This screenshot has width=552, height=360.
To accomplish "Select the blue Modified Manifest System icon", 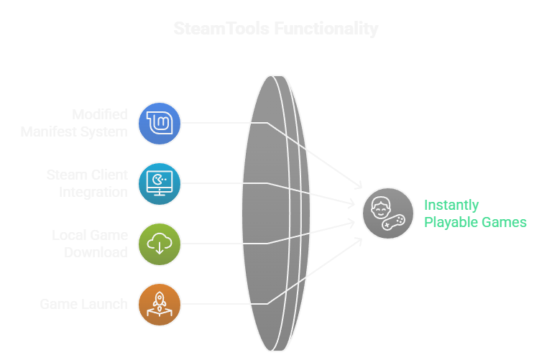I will (x=160, y=123).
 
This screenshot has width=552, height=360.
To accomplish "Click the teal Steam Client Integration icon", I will (x=160, y=184).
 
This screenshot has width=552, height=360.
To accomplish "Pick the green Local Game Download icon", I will (x=160, y=244).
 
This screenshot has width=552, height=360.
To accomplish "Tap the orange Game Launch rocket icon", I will (x=160, y=304).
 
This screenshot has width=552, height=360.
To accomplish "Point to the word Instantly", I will (x=451, y=205).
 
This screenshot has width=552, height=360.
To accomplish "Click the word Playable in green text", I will (x=449, y=223).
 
